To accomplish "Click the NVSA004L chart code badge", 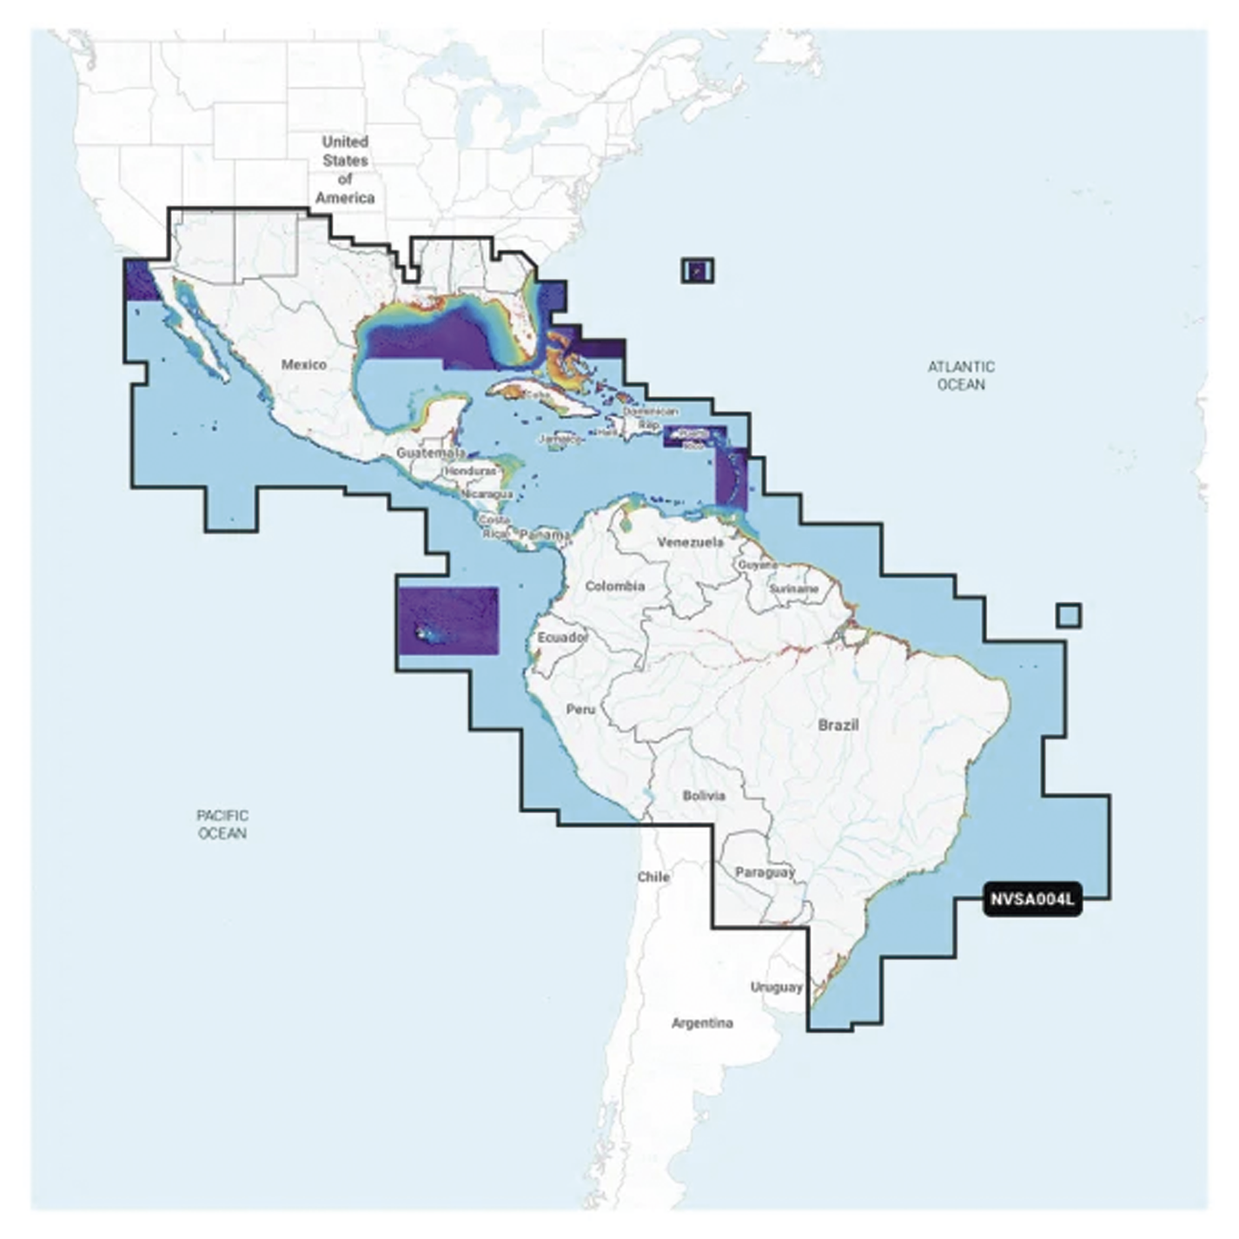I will pos(1031,899).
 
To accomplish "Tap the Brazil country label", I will pos(838,725).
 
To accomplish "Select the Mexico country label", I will pos(303,365).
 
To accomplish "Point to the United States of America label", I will pos(345,169).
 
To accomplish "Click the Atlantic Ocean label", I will pos(960,375).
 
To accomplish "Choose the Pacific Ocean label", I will pos(222,824).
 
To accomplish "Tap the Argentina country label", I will pos(702,1024).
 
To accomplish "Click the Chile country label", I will pos(653,877).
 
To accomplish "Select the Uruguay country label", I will pos(776,987).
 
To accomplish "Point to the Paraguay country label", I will pos(765,872).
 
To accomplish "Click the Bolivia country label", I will pos(704,796).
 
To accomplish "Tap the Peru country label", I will pos(581,709).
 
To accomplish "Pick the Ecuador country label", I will pos(563,638).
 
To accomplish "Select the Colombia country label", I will pos(614,586).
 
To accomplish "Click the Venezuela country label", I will pos(690,542).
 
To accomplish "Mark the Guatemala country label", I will pos(429,453).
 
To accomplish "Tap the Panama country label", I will pos(543,536).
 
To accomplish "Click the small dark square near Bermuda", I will pos(698,270).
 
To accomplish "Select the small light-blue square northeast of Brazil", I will pos(1069,615).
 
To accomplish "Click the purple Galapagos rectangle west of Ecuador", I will pos(447,620).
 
